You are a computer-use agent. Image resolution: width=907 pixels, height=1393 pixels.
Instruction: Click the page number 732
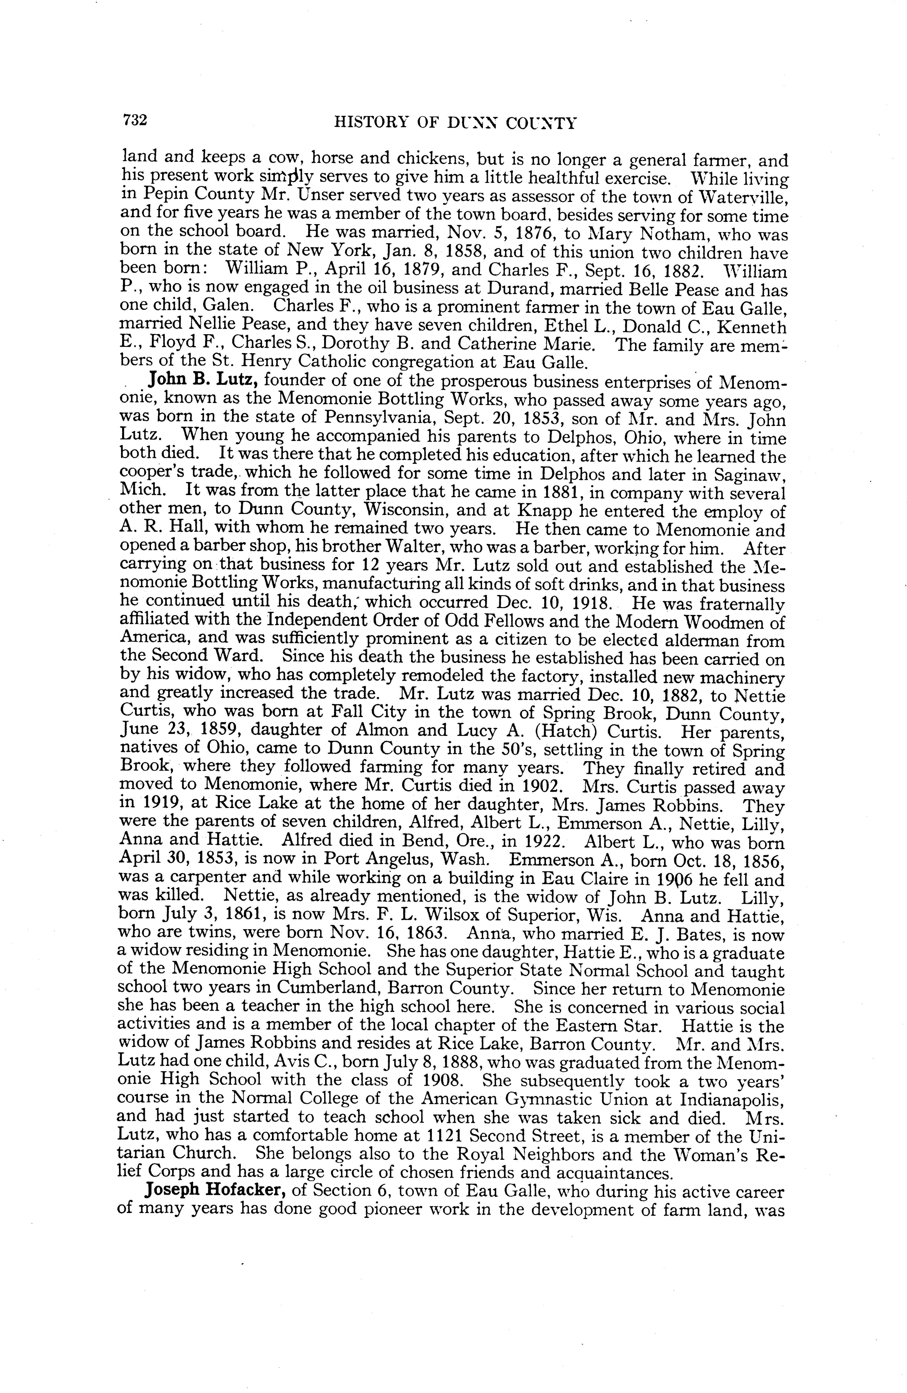(134, 121)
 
